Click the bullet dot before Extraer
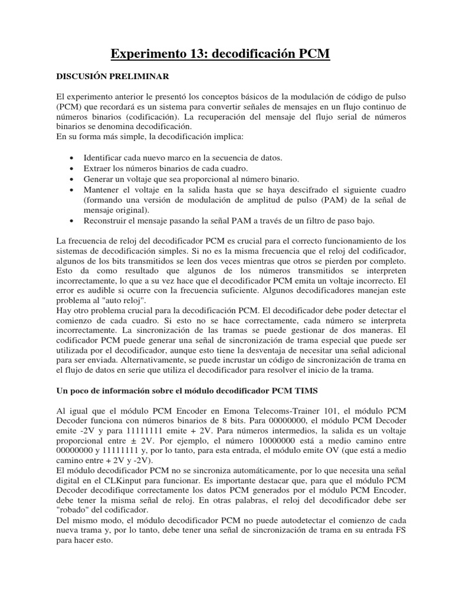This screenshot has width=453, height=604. pos(71,169)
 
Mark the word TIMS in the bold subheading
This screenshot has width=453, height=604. pos(302,391)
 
